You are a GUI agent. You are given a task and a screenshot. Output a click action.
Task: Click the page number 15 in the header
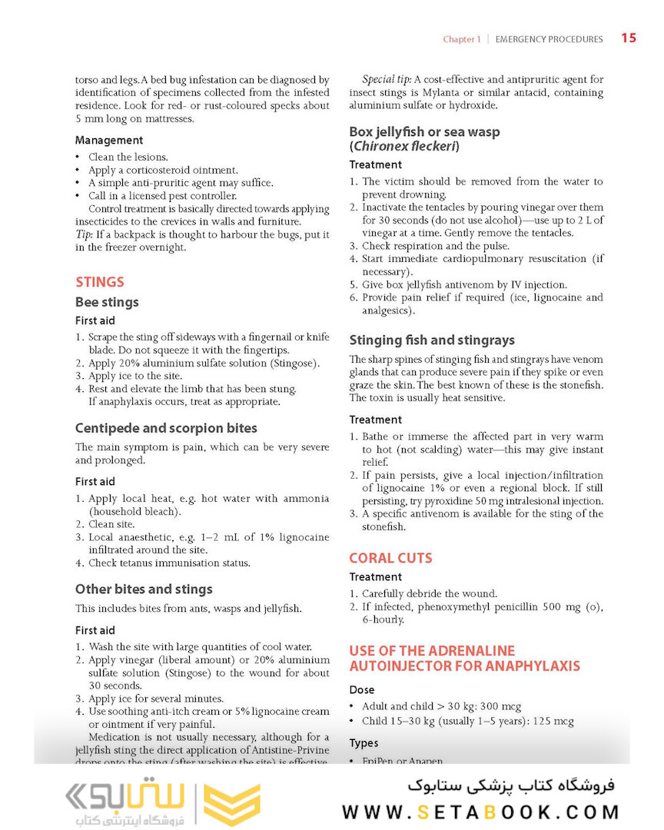[x=629, y=38]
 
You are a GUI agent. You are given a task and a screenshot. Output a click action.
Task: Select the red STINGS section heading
[x=99, y=282]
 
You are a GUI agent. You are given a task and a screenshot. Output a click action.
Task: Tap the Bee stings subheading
[x=107, y=302]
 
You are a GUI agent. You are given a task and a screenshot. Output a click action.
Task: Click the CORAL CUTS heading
[x=390, y=558]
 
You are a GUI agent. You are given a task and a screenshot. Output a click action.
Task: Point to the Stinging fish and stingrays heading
[x=432, y=340]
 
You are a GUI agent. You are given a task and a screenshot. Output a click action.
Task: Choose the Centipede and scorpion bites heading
[x=166, y=428]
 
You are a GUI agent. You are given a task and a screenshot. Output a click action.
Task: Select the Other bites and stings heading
[x=144, y=589]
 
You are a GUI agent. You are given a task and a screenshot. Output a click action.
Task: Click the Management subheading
[x=109, y=140]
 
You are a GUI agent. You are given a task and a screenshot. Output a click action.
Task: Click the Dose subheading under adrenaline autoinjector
[x=362, y=689]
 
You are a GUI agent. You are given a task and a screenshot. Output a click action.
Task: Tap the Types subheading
[x=364, y=743]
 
